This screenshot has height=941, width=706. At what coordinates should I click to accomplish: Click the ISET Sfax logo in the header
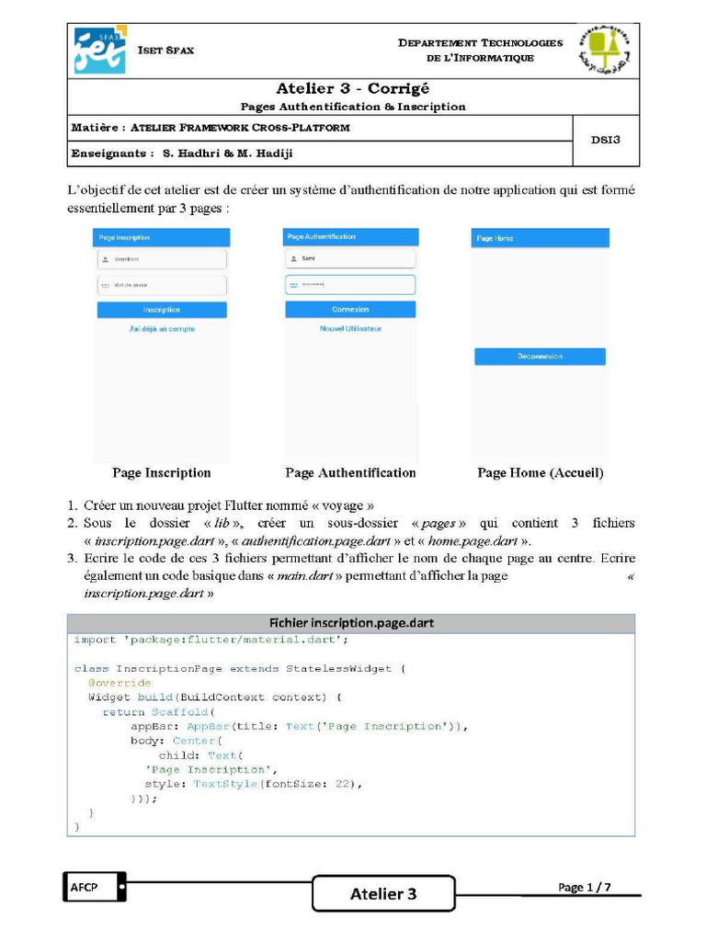100,51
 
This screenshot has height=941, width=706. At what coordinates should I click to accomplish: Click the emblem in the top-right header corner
604,51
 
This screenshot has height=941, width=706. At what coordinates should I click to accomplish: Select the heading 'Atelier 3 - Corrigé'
353,88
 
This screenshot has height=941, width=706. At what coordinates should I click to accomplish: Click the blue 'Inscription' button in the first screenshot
162,310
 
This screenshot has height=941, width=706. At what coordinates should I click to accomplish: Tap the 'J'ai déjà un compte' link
162,328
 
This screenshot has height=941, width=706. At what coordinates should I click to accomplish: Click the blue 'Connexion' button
350,310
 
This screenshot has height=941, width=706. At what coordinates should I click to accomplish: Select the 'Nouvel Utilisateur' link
350,328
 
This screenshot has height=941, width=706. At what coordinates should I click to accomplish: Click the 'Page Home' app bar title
495,238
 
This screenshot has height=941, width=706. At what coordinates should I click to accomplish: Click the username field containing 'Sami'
350,259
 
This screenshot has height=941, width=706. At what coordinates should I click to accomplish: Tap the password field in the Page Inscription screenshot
162,285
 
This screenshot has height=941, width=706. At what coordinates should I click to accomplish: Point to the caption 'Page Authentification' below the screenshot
350,472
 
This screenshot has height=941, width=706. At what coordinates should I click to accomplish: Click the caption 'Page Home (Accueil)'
540,472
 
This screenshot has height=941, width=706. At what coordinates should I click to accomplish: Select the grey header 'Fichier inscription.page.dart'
350,622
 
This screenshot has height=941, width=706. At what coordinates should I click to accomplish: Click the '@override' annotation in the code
120,683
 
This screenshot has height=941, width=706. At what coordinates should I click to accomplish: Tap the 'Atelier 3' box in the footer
383,893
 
